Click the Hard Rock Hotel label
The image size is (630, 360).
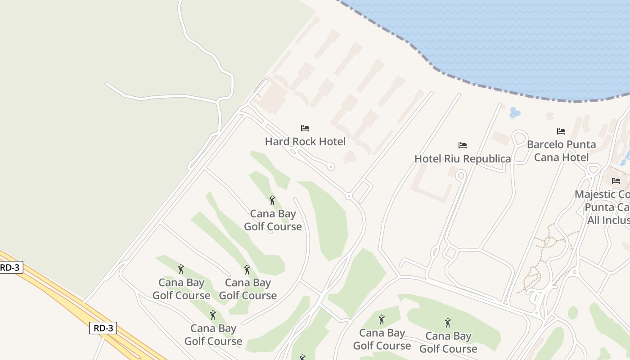pos(305,142)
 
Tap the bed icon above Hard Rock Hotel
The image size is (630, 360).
pos(305,128)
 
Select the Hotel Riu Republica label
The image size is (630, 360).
pos(462,159)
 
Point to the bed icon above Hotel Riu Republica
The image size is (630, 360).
pos(462,145)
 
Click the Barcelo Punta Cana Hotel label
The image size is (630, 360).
pos(561,151)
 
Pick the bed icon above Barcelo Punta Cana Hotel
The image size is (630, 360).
pos(561,131)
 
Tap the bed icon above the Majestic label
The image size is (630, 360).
pos(616,181)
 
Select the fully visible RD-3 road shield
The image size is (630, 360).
pos(103,328)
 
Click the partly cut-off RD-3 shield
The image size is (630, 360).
pos(10,267)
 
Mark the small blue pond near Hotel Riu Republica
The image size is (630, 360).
pos(514,112)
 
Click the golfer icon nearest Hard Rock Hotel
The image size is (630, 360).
pos(272,200)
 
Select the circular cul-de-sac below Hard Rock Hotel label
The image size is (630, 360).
pos(331,167)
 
